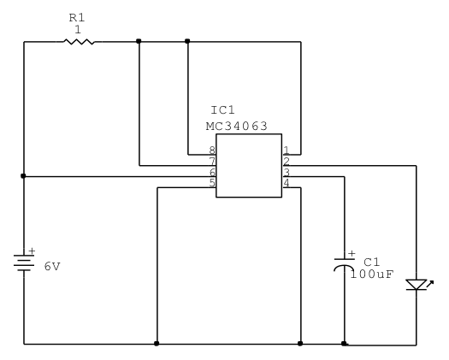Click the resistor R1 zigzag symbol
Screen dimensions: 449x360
79,42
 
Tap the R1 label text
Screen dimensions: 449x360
77,18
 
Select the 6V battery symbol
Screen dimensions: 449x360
24,263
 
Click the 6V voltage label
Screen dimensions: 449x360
52,267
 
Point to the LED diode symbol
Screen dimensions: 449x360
417,285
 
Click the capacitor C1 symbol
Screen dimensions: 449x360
345,264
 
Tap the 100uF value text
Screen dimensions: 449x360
372,274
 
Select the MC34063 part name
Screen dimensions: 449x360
237,126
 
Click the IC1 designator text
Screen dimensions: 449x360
222,110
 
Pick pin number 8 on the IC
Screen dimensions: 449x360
212,150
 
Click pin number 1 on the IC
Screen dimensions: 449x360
286,150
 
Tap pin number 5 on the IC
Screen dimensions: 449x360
212,183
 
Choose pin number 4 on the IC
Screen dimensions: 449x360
286,183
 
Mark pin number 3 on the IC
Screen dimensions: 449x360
286,172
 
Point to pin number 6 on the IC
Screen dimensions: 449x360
212,172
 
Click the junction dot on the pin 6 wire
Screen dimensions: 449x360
23,176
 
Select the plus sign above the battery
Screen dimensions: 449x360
32,251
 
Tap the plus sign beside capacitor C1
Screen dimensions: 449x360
352,253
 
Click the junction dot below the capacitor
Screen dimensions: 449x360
344,344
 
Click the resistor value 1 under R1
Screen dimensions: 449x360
78,29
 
